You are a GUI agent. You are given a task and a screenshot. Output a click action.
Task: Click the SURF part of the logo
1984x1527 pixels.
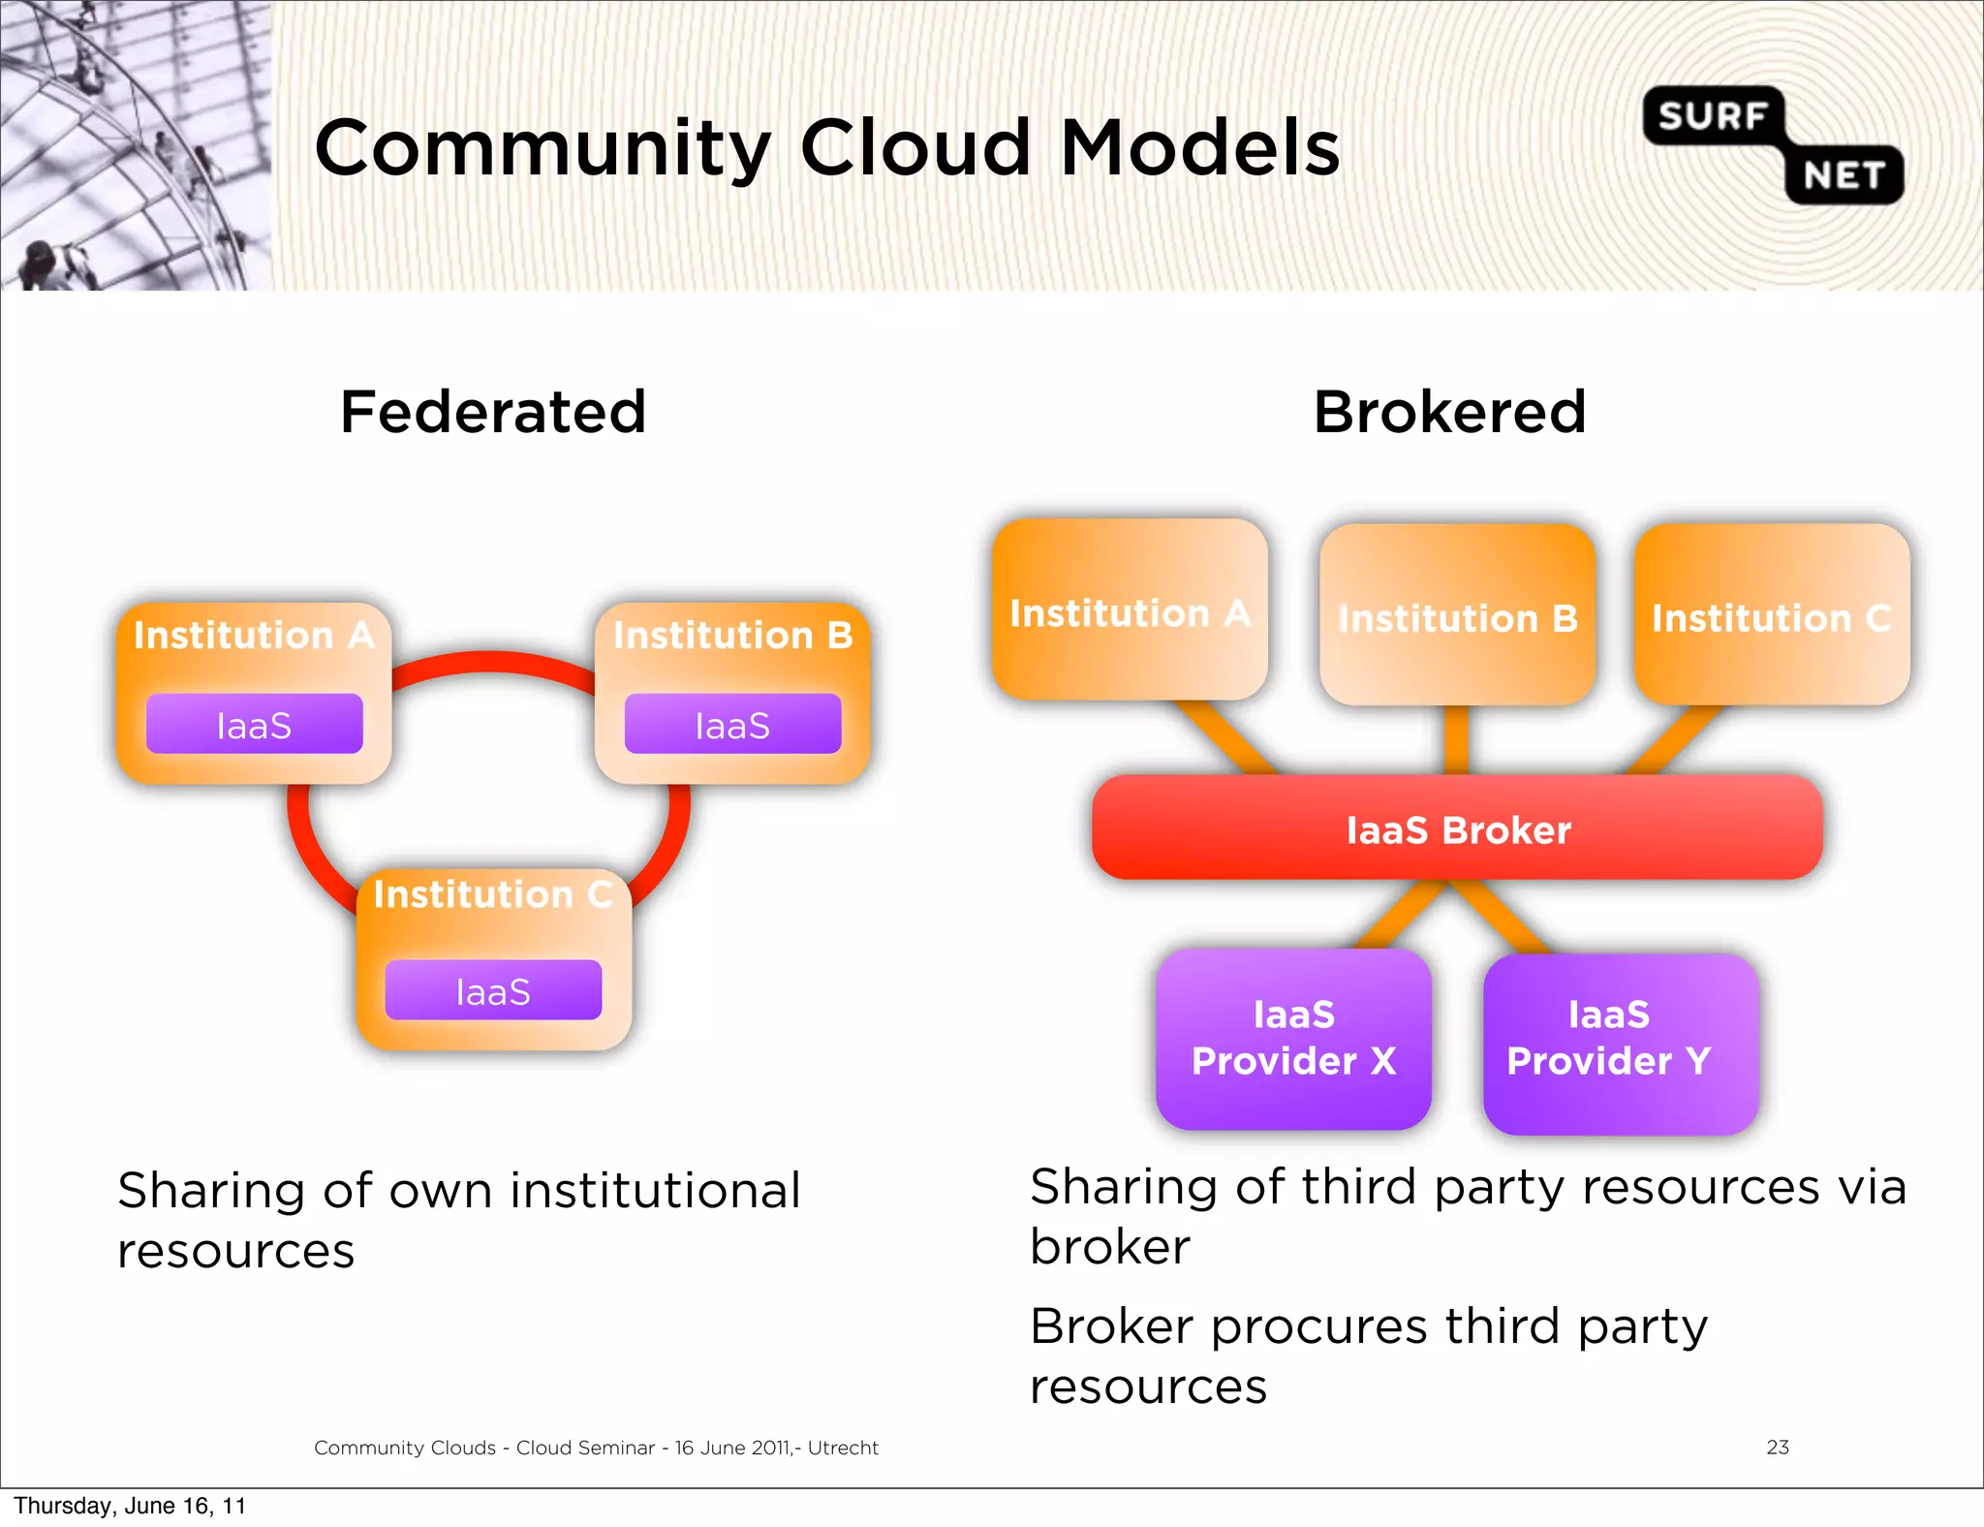[1712, 116]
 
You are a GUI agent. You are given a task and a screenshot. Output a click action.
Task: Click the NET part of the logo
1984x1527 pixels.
[1844, 175]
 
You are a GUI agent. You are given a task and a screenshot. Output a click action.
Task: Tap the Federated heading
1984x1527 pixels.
[493, 412]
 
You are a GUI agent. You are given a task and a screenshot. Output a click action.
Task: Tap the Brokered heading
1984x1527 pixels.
[1449, 412]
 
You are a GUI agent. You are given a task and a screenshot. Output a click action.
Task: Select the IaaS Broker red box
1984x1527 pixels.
[1457, 829]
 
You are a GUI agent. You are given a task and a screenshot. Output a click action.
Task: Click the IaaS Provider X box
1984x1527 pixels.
[1293, 1039]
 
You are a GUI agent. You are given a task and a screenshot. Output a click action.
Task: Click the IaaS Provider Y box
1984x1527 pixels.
[1620, 1043]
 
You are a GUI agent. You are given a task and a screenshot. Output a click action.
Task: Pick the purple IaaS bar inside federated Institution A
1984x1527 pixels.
[254, 725]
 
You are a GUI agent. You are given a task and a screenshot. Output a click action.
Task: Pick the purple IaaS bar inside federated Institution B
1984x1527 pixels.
[732, 725]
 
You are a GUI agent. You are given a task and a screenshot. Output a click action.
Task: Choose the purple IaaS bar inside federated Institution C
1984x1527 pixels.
[493, 991]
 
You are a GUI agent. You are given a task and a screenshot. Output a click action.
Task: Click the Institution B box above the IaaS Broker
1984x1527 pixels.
[1457, 616]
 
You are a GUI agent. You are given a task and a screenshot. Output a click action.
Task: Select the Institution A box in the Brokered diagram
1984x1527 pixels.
[1130, 610]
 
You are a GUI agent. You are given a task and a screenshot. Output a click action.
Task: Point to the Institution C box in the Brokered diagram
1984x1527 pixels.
[1771, 616]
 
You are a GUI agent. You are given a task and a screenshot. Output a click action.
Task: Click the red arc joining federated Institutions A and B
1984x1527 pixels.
[492, 662]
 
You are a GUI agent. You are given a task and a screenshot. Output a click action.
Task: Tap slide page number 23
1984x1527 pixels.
[1777, 1447]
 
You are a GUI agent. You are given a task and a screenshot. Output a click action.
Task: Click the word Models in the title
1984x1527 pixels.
[1199, 148]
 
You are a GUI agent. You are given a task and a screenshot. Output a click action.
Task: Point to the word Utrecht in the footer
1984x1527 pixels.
[843, 1448]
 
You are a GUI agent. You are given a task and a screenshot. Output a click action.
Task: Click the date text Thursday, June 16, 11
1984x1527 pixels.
[130, 1506]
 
